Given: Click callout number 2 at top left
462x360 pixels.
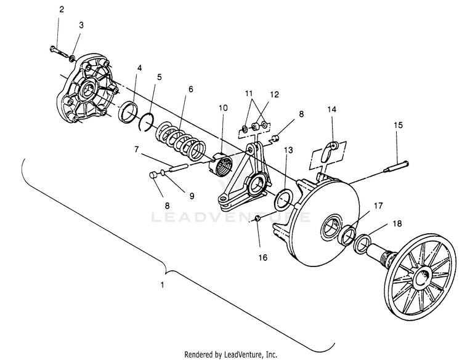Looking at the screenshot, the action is pos(61,10).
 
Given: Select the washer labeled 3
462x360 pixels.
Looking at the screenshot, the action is pos(72,58).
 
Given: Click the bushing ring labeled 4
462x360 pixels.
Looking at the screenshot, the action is pos(129,111).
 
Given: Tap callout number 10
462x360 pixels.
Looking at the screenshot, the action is pos(223,108).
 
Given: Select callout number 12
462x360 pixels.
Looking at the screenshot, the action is pos(274,95).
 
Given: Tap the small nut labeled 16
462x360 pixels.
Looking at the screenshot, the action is pos(257,218).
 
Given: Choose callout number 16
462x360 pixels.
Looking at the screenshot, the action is pos(263,258).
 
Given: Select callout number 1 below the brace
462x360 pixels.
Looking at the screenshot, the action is pos(162,285).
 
